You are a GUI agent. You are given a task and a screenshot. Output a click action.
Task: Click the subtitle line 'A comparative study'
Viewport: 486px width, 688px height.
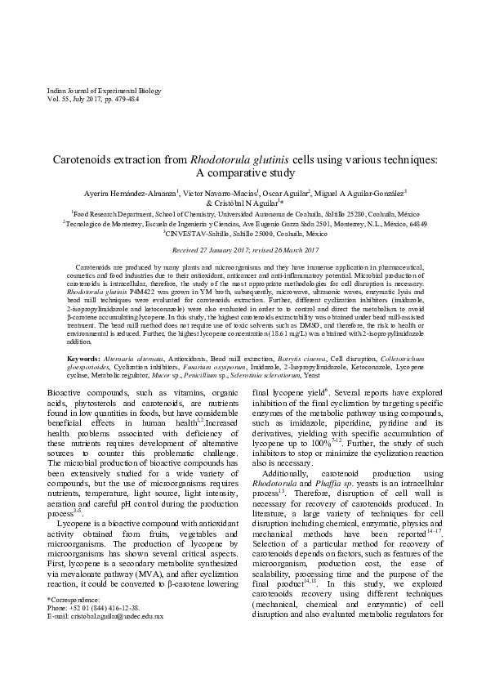click(243, 173)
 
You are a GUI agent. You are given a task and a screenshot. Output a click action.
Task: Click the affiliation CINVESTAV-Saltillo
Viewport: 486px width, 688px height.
click(199, 231)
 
